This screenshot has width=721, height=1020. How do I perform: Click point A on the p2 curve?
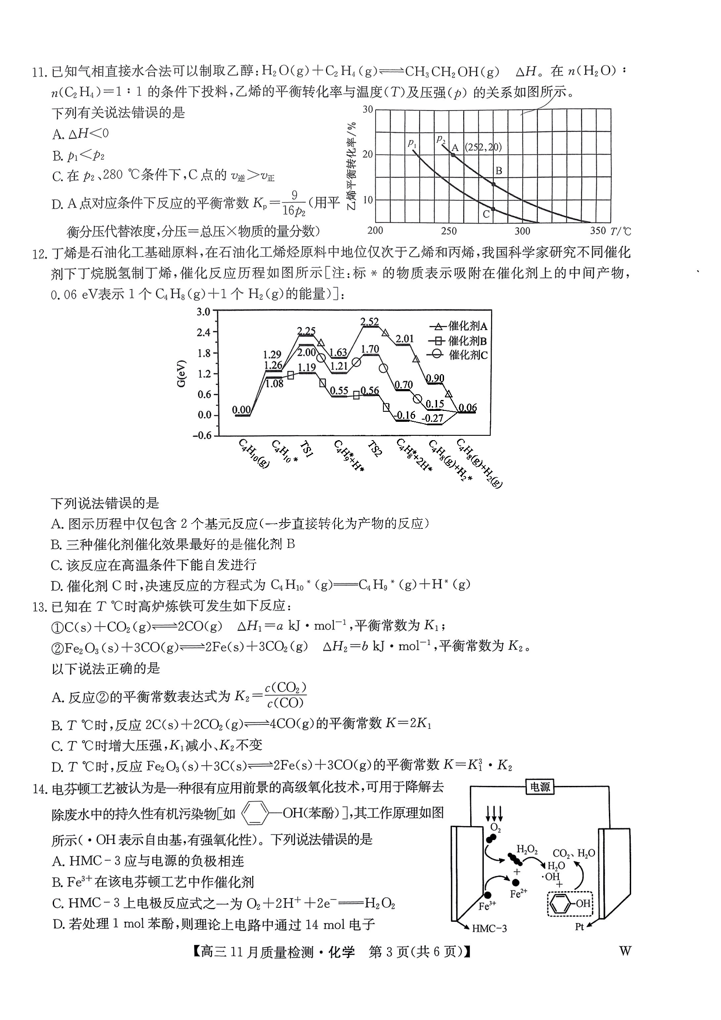(x=453, y=155)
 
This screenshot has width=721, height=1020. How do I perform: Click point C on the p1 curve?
(x=493, y=209)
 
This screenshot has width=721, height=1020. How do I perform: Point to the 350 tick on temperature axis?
(x=598, y=231)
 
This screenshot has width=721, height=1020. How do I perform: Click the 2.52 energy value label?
(x=369, y=322)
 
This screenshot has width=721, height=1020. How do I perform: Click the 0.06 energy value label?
(x=468, y=407)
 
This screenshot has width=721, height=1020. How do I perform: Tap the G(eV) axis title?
(x=181, y=373)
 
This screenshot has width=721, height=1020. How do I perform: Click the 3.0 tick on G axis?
(x=203, y=312)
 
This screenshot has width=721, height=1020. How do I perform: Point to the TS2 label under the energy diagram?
(x=374, y=449)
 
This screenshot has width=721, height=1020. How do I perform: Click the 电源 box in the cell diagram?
(x=540, y=799)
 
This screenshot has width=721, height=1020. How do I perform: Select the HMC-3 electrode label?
(x=489, y=928)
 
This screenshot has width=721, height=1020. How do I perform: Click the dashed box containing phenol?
(x=570, y=903)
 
